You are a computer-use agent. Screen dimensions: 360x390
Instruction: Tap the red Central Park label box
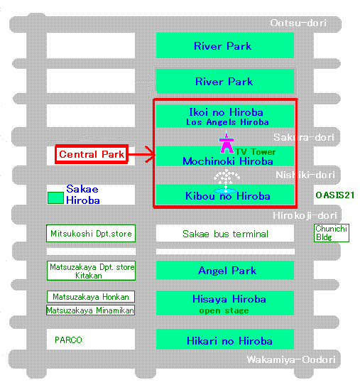(92, 154)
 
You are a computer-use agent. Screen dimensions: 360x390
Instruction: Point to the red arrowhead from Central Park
(150, 155)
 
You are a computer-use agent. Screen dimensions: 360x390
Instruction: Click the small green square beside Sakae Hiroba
(55, 197)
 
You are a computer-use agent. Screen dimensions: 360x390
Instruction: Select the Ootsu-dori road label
(298, 23)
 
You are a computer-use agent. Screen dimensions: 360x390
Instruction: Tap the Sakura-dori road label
(304, 137)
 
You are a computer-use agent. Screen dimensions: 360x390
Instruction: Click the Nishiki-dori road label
(305, 175)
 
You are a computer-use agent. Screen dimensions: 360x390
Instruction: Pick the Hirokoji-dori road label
(305, 215)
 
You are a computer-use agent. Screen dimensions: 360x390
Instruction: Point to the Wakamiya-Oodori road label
(291, 359)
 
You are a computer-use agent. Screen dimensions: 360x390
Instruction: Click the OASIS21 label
(335, 195)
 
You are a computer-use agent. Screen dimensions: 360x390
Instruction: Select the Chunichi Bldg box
(332, 233)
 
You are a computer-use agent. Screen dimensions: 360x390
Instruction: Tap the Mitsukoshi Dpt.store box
(91, 233)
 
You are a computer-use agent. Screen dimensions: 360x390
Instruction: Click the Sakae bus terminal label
(225, 234)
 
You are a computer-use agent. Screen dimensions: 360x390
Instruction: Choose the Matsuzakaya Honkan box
(91, 296)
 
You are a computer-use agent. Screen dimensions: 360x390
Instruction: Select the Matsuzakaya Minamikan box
(90, 310)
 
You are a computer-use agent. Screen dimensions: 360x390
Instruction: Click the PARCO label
(68, 340)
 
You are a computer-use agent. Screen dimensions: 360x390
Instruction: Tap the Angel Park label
(227, 271)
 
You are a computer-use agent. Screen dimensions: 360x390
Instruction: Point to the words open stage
(224, 310)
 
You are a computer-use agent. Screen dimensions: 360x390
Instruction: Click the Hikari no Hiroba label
(229, 341)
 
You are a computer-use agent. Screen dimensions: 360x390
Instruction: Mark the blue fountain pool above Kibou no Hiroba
(225, 191)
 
